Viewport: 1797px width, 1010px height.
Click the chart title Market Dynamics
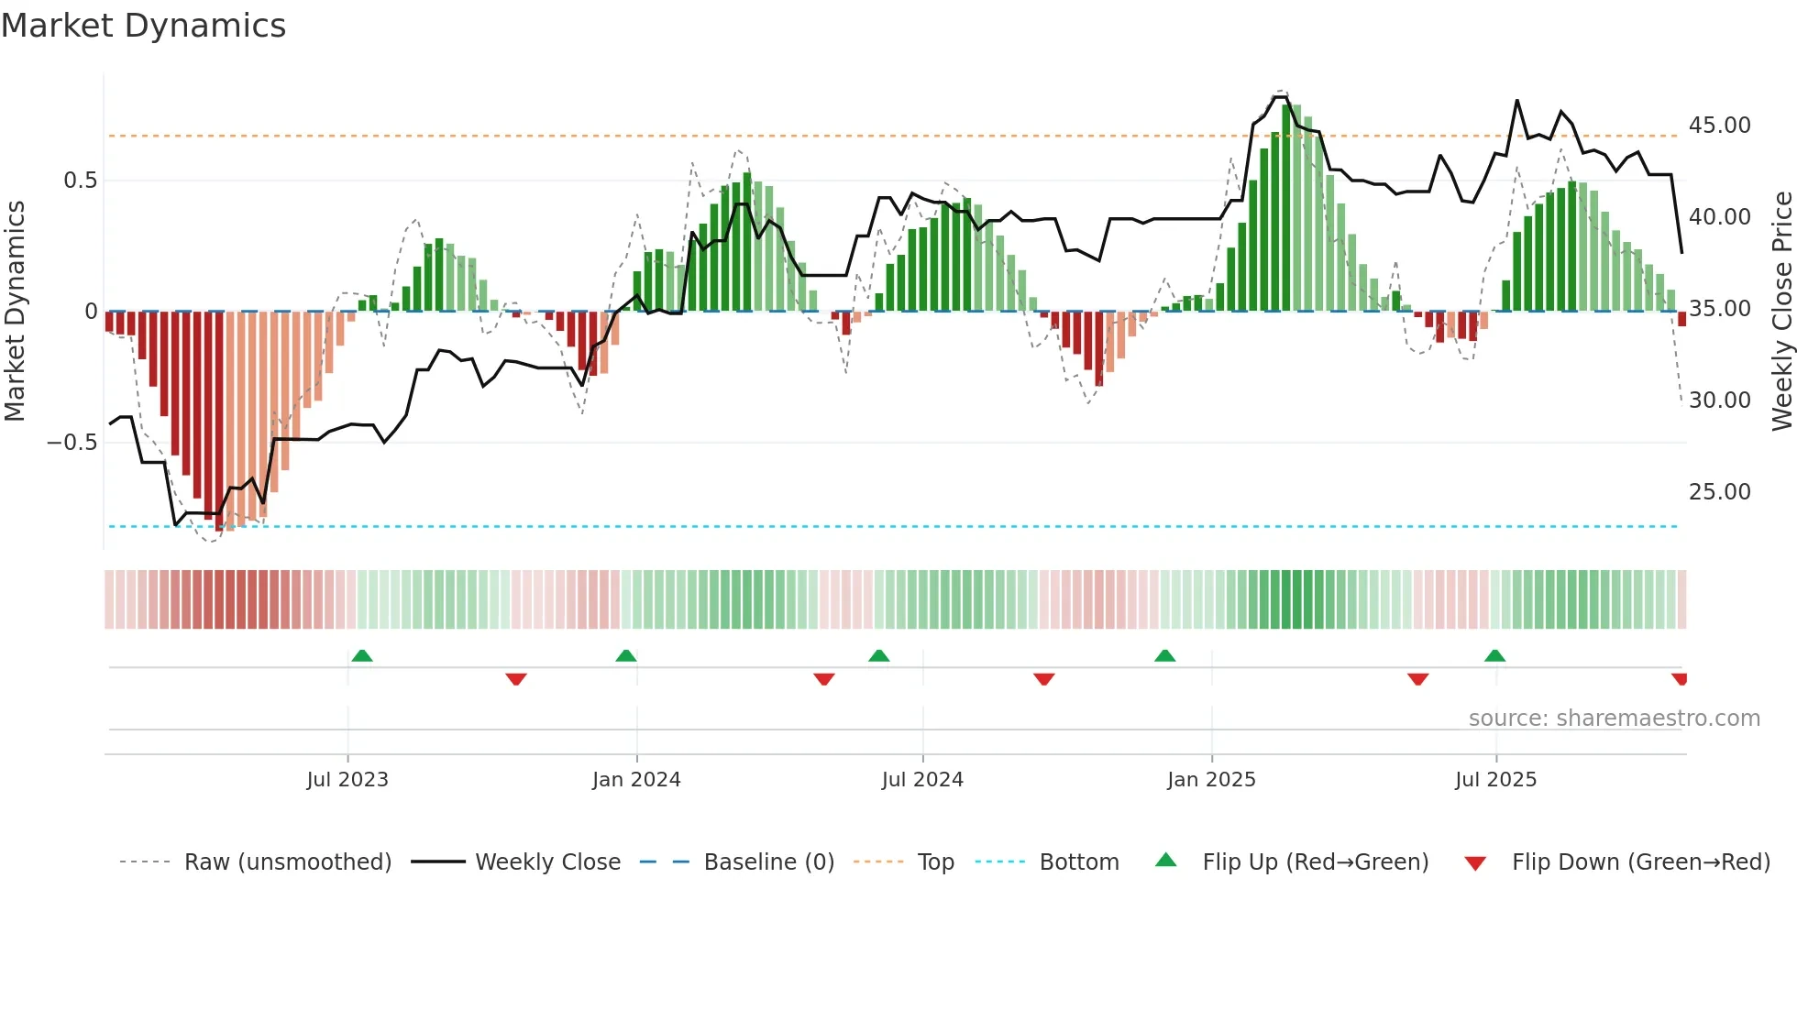pyautogui.click(x=143, y=26)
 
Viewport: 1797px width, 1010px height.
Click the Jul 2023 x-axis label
pyautogui.click(x=347, y=780)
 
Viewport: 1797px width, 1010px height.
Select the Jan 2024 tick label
pyautogui.click(x=636, y=780)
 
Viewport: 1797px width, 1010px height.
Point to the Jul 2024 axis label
pyautogui.click(x=922, y=780)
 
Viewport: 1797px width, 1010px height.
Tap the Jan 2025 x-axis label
pyautogui.click(x=1211, y=780)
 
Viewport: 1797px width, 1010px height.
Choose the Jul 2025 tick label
pyautogui.click(x=1495, y=780)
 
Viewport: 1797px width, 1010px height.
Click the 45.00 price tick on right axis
pyautogui.click(x=1719, y=126)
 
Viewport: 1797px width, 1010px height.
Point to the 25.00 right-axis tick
pyautogui.click(x=1719, y=492)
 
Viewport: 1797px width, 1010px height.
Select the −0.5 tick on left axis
pyautogui.click(x=72, y=443)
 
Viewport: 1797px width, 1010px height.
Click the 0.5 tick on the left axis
pyautogui.click(x=80, y=181)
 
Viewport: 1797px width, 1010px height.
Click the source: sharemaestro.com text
pyautogui.click(x=1614, y=719)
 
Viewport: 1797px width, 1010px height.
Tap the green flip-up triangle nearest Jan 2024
pyautogui.click(x=626, y=656)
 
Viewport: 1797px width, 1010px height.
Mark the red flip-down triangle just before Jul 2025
pyautogui.click(x=1417, y=679)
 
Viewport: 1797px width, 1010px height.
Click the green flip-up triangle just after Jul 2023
pyautogui.click(x=362, y=656)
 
